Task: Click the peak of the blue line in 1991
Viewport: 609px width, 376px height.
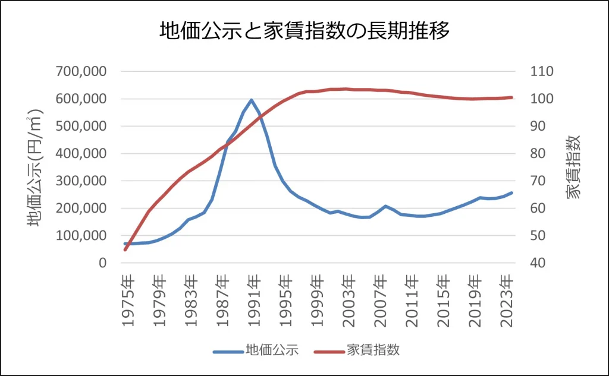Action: (251, 100)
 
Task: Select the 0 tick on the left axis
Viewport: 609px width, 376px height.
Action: (102, 263)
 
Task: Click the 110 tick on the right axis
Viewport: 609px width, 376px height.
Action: (542, 71)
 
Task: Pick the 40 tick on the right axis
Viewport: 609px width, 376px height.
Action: (539, 263)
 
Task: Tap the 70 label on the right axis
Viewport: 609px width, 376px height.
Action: (539, 181)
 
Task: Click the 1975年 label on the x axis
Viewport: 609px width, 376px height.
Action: (127, 301)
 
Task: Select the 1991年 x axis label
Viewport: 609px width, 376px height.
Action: (254, 301)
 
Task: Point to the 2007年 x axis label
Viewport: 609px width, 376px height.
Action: (381, 301)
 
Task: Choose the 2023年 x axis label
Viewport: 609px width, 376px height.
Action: (507, 301)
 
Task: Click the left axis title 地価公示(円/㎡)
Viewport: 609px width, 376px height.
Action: (36, 168)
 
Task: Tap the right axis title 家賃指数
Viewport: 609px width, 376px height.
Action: (572, 167)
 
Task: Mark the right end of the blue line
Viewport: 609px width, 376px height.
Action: (511, 192)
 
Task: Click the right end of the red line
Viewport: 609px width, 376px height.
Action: (511, 97)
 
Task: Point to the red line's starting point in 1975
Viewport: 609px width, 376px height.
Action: (125, 250)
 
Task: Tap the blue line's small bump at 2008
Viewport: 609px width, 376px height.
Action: (385, 206)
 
